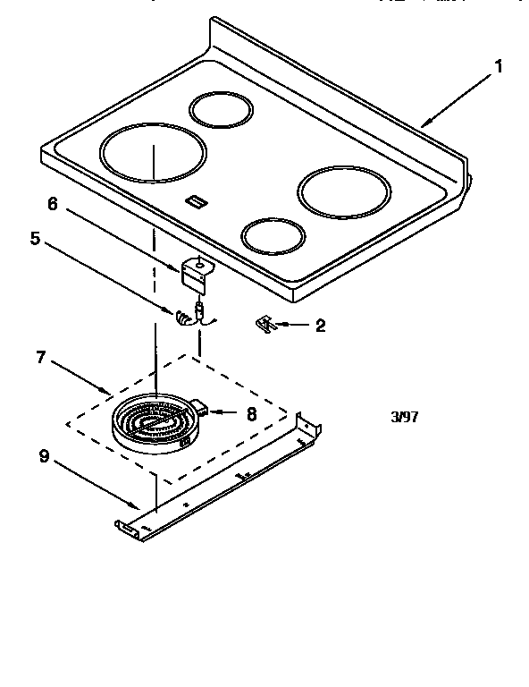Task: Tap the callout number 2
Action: (319, 326)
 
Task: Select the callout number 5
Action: (37, 241)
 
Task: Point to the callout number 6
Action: (52, 204)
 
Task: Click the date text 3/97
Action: (404, 417)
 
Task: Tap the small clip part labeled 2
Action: (264, 324)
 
